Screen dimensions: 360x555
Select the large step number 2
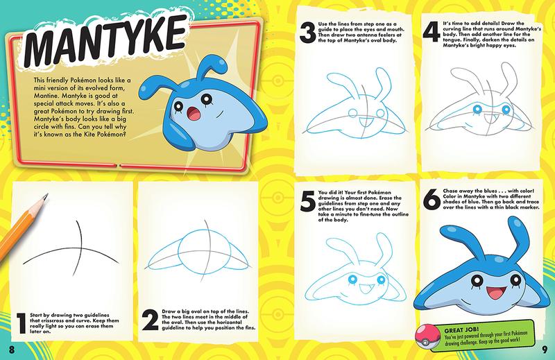(x=146, y=320)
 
